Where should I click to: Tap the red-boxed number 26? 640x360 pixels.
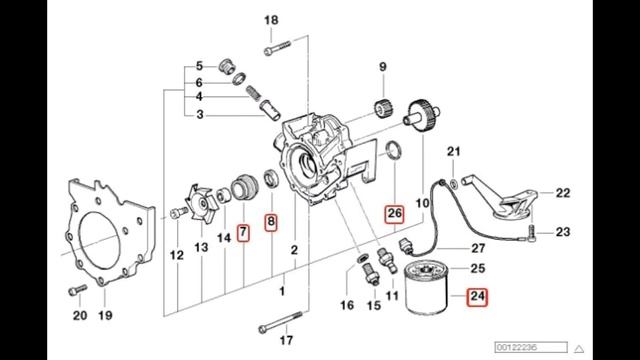[x=394, y=213]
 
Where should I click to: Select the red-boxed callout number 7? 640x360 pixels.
[x=243, y=234]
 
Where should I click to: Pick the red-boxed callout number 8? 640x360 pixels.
[x=270, y=222]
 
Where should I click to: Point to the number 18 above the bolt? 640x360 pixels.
[x=272, y=21]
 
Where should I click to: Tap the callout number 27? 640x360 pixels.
[x=477, y=247]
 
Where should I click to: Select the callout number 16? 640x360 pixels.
[x=346, y=304]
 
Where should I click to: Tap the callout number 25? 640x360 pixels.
[x=477, y=268]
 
